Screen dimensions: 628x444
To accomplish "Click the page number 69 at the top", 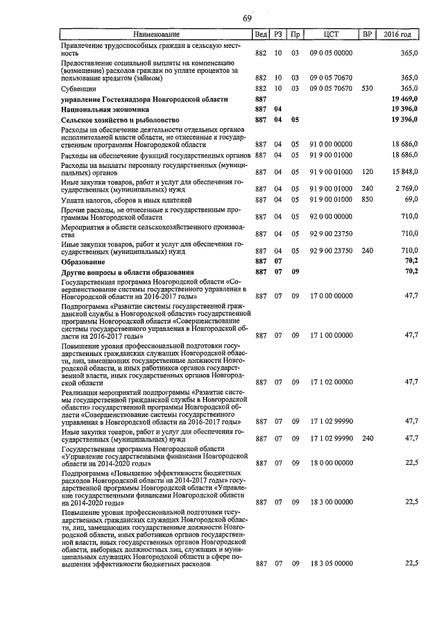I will pyautogui.click(x=246, y=18).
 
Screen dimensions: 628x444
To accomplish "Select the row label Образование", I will pyautogui.click(x=83, y=263).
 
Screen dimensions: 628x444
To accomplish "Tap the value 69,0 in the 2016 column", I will pyautogui.click(x=409, y=200).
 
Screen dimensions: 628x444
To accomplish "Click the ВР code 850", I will pyautogui.click(x=368, y=200).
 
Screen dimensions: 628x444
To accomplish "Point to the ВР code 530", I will pyautogui.click(x=368, y=89).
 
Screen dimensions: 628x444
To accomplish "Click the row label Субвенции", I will pyautogui.click(x=78, y=89).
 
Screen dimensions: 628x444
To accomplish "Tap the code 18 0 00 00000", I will pyautogui.click(x=331, y=463).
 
